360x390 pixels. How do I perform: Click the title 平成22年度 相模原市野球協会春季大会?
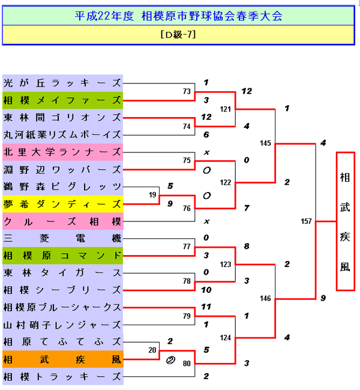pyautogui.click(x=179, y=16)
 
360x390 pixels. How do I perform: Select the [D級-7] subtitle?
pyautogui.click(x=179, y=35)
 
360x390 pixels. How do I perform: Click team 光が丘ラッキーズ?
pyautogui.click(x=62, y=82)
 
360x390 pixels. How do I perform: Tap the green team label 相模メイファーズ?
pyautogui.click(x=62, y=100)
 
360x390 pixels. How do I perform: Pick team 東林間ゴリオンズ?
pyautogui.click(x=62, y=117)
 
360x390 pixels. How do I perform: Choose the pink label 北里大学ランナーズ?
pyautogui.click(x=62, y=152)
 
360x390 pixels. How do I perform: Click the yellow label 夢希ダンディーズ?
pyautogui.click(x=62, y=204)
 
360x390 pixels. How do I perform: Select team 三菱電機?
pyautogui.click(x=62, y=238)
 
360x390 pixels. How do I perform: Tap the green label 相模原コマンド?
pyautogui.click(x=62, y=256)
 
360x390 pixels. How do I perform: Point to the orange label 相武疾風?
pyautogui.click(x=62, y=359)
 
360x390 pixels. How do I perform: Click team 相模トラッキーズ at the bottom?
pyautogui.click(x=62, y=377)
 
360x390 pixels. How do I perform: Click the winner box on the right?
pyautogui.click(x=345, y=221)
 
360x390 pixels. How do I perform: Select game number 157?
pyautogui.click(x=306, y=221)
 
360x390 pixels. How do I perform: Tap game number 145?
pyautogui.click(x=266, y=143)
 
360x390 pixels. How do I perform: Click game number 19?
pyautogui.click(x=153, y=196)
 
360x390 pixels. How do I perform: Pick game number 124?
pyautogui.click(x=226, y=338)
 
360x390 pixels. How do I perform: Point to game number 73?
pyautogui.click(x=187, y=91)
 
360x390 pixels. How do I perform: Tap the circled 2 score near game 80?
pyautogui.click(x=171, y=361)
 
